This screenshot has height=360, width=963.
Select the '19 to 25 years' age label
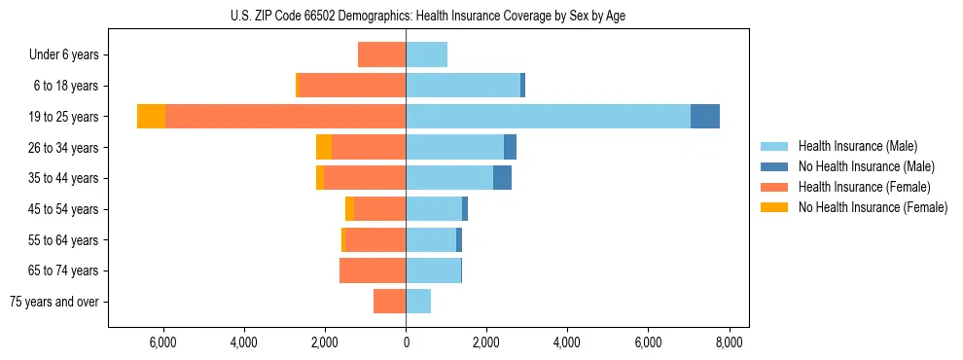click(65, 117)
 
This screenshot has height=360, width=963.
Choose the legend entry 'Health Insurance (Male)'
click(857, 146)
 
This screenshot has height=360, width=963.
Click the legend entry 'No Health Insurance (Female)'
click(873, 207)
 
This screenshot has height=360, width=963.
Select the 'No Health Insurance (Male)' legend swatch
click(775, 166)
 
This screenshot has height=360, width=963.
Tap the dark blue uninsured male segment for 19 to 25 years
click(705, 117)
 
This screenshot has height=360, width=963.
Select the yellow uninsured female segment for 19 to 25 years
click(151, 117)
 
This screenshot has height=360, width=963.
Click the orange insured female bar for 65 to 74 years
click(373, 270)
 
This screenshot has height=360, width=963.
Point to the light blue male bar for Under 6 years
click(426, 55)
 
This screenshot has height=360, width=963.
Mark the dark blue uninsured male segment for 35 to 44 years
click(502, 178)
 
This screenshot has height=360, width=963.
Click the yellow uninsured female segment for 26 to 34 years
click(324, 147)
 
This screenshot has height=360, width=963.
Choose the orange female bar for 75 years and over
click(389, 302)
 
